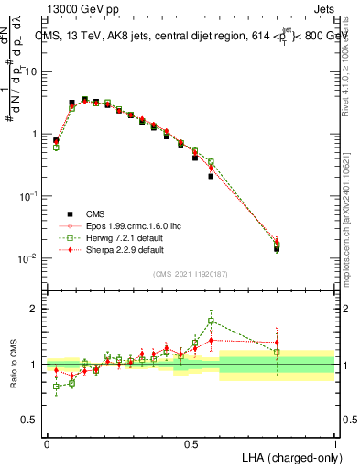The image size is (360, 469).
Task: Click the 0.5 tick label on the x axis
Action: pyautogui.click(x=191, y=443)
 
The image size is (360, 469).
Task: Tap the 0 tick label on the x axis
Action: pyautogui.click(x=46, y=443)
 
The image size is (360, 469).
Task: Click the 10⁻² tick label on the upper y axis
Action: pyautogui.click(x=27, y=257)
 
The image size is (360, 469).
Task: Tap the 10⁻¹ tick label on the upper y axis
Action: pyautogui.click(x=27, y=195)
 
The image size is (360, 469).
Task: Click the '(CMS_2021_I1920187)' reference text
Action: pyautogui.click(x=191, y=274)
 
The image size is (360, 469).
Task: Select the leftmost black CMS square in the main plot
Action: pyautogui.click(x=57, y=141)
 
